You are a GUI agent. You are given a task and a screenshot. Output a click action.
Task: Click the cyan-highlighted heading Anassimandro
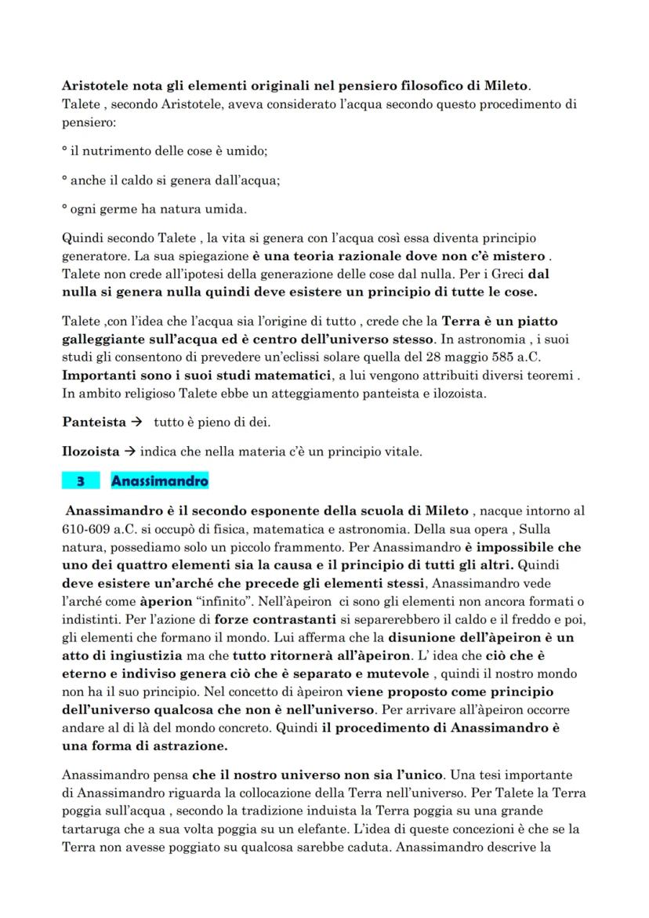tap(159, 480)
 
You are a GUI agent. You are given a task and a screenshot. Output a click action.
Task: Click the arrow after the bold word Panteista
tap(136, 422)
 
